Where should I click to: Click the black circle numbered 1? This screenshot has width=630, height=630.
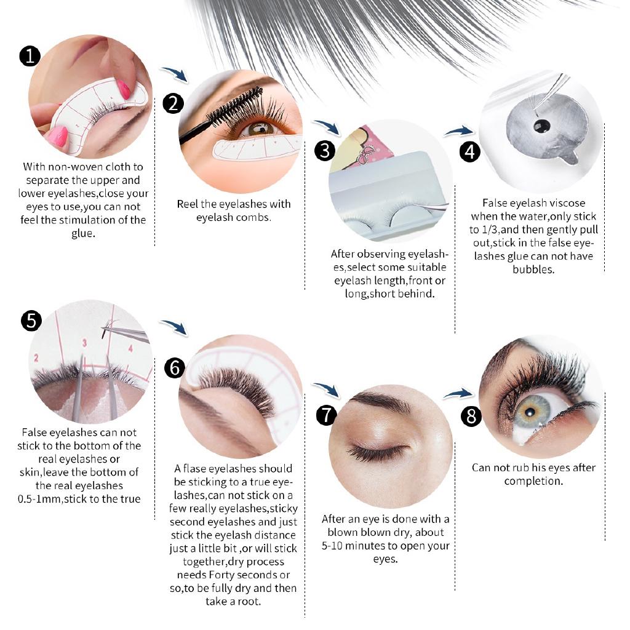(x=30, y=57)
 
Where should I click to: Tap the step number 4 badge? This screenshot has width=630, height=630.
(x=470, y=151)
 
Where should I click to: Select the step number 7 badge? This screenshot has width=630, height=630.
(x=326, y=415)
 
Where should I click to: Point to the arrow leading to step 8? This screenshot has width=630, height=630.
(x=458, y=393)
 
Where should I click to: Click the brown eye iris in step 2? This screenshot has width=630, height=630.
(x=260, y=128)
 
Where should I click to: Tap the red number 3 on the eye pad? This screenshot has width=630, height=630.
(x=85, y=343)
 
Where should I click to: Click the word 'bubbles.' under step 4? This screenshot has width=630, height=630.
(x=533, y=269)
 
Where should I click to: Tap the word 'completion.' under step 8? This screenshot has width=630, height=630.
(x=533, y=480)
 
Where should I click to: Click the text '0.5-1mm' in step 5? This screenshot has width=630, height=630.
(x=40, y=499)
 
